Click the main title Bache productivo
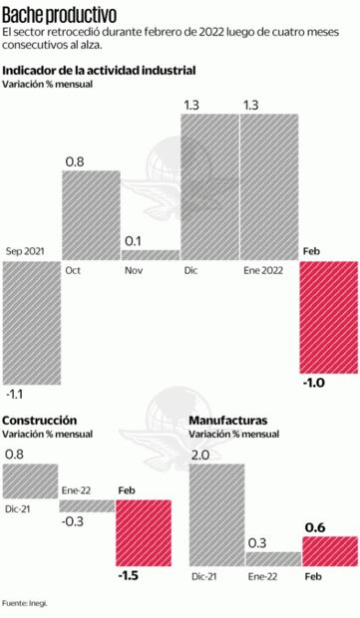tap(59, 15)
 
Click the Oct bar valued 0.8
tap(91, 215)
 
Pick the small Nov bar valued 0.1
tap(150, 254)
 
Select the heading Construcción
tap(41, 420)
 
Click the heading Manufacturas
tap(227, 420)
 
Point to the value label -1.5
tap(130, 575)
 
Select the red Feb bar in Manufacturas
tap(329, 550)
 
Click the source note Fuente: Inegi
tap(25, 603)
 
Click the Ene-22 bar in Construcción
tap(87, 505)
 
